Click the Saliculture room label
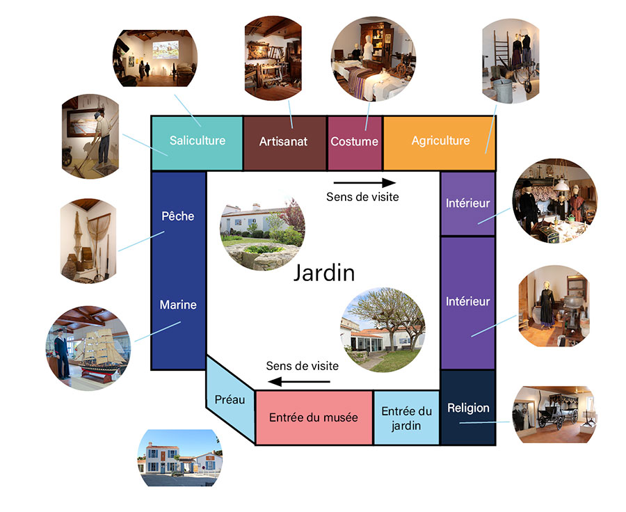click(198, 141)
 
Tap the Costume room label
click(354, 142)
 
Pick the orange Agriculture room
click(440, 141)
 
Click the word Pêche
click(178, 216)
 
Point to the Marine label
click(178, 305)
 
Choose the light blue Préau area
click(229, 401)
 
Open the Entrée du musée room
click(313, 417)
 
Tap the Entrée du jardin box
click(407, 418)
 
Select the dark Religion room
click(468, 408)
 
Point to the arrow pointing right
click(362, 183)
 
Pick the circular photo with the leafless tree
click(383, 329)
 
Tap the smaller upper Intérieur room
click(468, 204)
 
